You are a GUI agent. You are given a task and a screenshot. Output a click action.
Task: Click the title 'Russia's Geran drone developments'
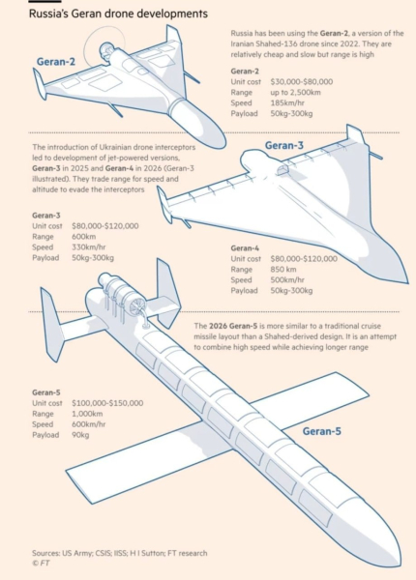(x=118, y=14)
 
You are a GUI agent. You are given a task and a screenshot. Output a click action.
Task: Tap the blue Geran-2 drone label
(x=56, y=62)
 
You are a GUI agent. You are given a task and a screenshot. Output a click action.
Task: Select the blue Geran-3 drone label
(x=283, y=145)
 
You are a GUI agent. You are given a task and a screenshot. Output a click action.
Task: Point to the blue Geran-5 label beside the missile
(x=322, y=431)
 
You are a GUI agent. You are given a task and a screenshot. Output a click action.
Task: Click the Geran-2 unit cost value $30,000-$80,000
(x=301, y=82)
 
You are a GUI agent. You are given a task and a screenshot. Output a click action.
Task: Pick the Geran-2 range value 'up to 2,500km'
(x=295, y=93)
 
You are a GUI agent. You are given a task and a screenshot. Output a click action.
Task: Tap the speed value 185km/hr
(x=287, y=102)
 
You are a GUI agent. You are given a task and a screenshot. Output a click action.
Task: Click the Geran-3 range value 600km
(x=83, y=237)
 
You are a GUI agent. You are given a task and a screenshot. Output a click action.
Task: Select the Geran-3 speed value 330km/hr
(x=89, y=247)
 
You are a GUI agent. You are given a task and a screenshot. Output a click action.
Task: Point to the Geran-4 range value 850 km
(x=283, y=270)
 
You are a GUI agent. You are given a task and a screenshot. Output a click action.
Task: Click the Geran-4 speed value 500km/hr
(x=287, y=280)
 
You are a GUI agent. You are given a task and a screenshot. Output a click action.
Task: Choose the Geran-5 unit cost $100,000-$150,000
(x=107, y=403)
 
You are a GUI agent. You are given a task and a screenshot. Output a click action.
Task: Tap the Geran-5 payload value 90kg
(x=80, y=435)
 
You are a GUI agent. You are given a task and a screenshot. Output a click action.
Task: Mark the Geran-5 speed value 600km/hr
(x=89, y=424)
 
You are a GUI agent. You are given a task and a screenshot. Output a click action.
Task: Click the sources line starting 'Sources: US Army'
(x=120, y=553)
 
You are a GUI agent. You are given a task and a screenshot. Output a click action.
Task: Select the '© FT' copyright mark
(x=41, y=564)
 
